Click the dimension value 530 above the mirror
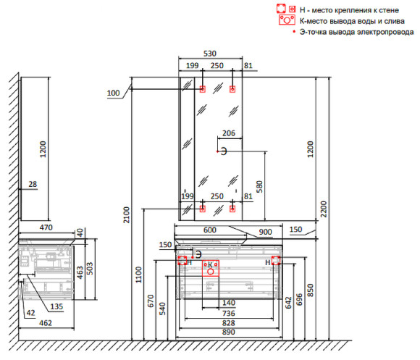coord(210,54)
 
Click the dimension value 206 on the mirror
coord(228,133)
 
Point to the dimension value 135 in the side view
coord(56,306)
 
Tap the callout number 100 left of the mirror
coord(113,93)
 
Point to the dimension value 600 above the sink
coord(209,230)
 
